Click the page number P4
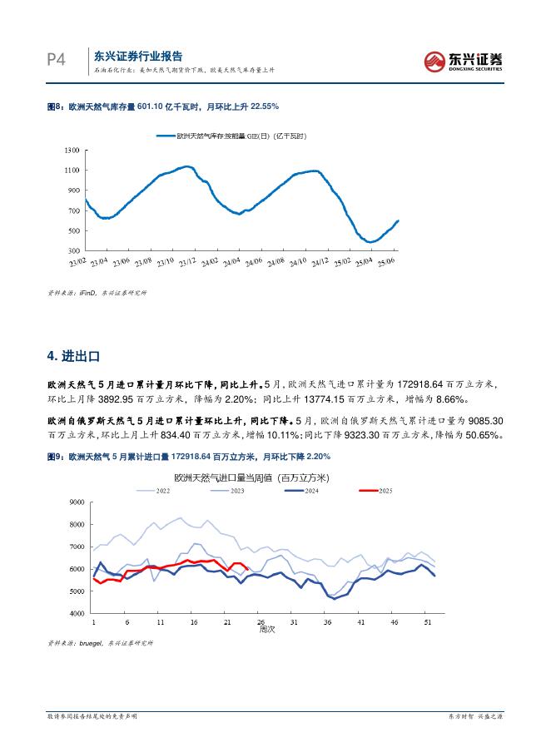pos(56,61)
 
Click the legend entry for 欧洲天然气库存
pos(236,134)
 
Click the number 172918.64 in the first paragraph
pos(442,384)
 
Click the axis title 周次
pos(266,630)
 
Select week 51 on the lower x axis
pos(428,621)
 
